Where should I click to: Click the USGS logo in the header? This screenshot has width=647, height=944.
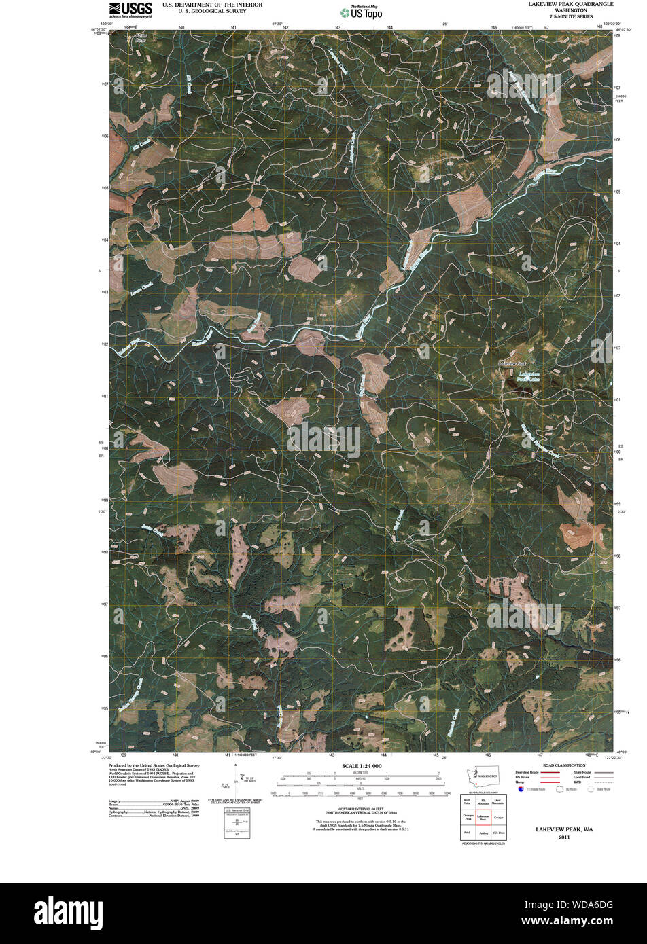(x=130, y=9)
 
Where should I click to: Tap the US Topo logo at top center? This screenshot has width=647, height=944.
(x=361, y=12)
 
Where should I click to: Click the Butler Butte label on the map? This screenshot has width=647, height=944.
(x=141, y=39)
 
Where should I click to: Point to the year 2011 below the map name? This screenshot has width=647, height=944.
(x=564, y=837)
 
